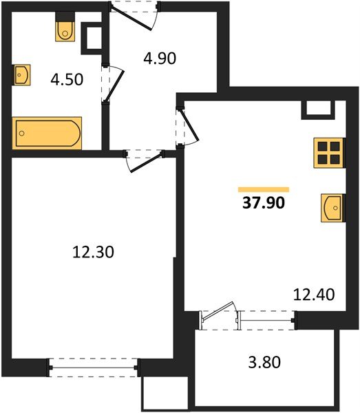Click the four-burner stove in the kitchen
[328, 152]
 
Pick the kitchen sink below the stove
[332, 207]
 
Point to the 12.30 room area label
[92, 253]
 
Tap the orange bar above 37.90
[264, 189]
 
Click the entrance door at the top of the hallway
[136, 10]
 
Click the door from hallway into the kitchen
[184, 125]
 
